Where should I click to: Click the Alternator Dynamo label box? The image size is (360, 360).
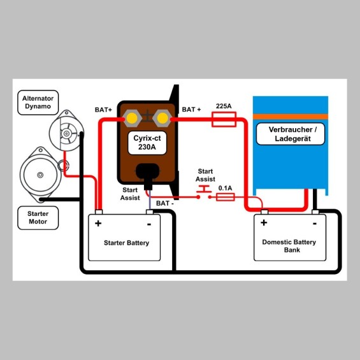pyautogui.click(x=38, y=103)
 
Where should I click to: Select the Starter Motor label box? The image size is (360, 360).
pyautogui.click(x=38, y=218)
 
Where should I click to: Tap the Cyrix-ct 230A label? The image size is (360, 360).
pyautogui.click(x=147, y=143)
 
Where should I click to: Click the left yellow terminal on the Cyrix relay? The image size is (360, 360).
pyautogui.click(x=132, y=119)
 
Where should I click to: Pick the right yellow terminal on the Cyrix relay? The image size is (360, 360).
pyautogui.click(x=162, y=119)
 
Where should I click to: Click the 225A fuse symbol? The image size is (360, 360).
pyautogui.click(x=224, y=119)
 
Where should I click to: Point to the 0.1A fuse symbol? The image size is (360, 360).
pyautogui.click(x=226, y=197)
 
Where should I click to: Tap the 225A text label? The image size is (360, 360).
pyautogui.click(x=224, y=106)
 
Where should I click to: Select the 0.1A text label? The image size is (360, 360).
pyautogui.click(x=225, y=188)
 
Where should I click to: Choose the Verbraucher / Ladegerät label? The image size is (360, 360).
pyautogui.click(x=291, y=134)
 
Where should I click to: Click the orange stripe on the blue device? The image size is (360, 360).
pyautogui.click(x=291, y=117)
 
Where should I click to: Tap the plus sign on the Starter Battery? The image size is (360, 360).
pyautogui.click(x=98, y=223)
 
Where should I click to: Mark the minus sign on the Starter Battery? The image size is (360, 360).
pyautogui.click(x=149, y=224)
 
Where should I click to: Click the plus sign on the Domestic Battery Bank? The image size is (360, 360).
pyautogui.click(x=264, y=222)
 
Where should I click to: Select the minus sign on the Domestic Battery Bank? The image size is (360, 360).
pyautogui.click(x=315, y=224)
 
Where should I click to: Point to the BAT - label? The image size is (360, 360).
pyautogui.click(x=165, y=203)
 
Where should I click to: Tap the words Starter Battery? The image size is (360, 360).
pyautogui.click(x=127, y=243)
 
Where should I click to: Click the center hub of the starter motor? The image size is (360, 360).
pyautogui.click(x=40, y=175)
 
